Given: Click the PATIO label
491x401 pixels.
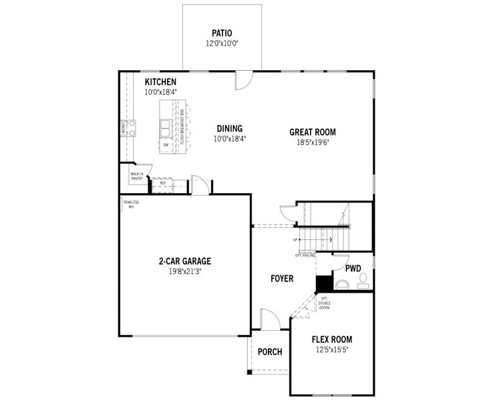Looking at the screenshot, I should (222, 32).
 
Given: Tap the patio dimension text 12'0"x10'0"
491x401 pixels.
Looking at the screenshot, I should (222, 43).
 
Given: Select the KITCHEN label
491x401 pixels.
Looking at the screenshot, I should (160, 82).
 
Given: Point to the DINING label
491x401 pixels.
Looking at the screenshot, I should (229, 129).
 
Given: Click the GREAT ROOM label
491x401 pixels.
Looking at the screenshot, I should (312, 132).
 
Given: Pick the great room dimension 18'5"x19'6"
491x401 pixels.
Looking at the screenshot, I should (312, 142).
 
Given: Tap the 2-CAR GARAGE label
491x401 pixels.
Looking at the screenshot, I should (185, 261).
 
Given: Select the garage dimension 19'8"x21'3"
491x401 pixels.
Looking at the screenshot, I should (185, 272).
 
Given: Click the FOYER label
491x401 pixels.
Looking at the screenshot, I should (282, 278).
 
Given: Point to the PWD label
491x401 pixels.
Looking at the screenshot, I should (353, 269).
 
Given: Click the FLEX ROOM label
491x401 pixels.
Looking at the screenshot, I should (331, 340).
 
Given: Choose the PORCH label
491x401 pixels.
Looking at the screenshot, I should (270, 352).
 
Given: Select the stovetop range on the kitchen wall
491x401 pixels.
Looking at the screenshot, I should (127, 128).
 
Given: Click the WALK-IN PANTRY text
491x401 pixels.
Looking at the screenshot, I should (137, 176).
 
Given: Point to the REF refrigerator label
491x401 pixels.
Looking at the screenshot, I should (162, 182).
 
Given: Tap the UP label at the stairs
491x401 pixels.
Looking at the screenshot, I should (295, 239).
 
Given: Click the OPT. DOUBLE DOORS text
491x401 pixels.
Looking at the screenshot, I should (325, 304).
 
